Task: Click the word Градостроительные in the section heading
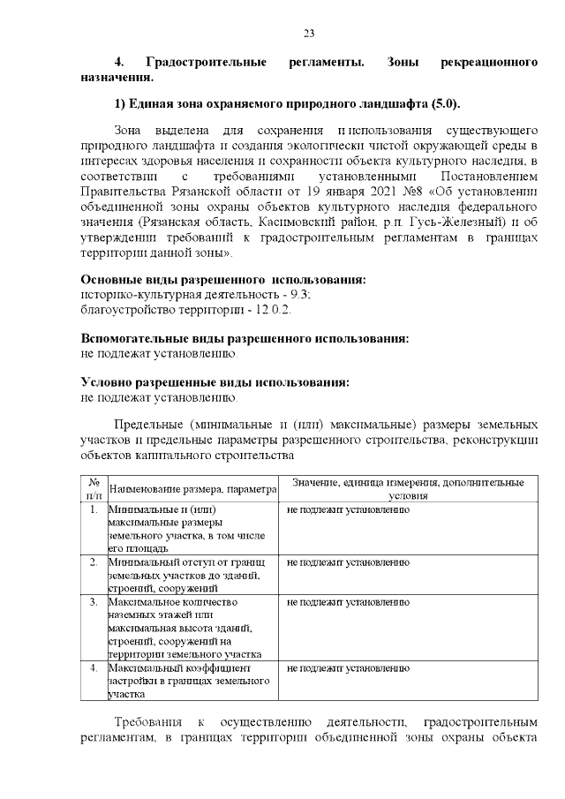(206, 64)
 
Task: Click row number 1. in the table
(93, 510)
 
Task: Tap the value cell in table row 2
(349, 562)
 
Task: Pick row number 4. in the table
(93, 668)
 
